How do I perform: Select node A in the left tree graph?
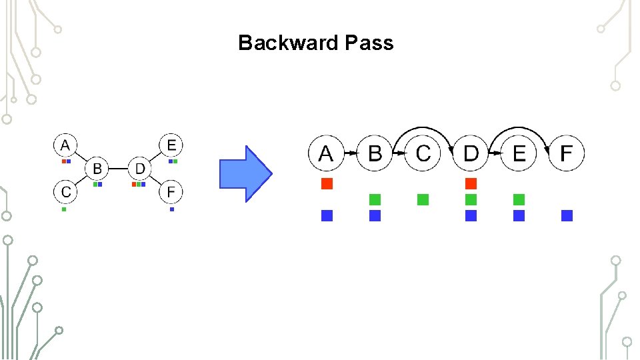point(65,145)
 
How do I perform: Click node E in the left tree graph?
point(171,145)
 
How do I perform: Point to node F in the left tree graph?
point(171,192)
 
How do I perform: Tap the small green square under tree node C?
point(64,209)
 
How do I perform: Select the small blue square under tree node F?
point(172,209)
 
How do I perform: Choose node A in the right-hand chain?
point(326,153)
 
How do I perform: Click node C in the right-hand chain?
point(423,153)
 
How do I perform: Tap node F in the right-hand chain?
point(566,153)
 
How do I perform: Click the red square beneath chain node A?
point(327,183)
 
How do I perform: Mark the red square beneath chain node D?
point(471,183)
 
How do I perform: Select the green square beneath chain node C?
point(423,199)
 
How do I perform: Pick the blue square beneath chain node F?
point(567,215)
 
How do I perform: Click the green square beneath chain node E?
point(519,199)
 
